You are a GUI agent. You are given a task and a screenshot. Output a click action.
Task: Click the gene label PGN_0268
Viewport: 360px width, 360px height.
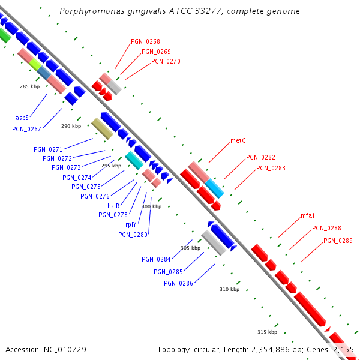[x=145, y=41]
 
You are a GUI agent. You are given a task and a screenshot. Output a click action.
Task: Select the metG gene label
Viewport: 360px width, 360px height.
[x=238, y=141]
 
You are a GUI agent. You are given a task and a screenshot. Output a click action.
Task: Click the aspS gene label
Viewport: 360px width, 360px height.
[x=22, y=118]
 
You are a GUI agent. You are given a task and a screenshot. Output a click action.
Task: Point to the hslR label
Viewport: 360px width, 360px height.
[x=113, y=206]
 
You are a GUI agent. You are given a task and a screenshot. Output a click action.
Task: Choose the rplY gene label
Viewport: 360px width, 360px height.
[x=131, y=224]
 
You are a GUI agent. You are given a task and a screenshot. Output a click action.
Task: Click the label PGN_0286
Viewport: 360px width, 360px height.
[x=178, y=283]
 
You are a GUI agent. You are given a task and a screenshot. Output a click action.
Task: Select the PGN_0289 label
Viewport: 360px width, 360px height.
[x=338, y=241]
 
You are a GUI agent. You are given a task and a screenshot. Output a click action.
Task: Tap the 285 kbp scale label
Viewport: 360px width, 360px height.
[x=29, y=86]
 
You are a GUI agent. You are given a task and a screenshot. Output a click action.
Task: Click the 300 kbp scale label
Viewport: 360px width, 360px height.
[x=151, y=206]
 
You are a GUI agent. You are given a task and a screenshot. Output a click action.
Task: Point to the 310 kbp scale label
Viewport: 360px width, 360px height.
[x=229, y=289]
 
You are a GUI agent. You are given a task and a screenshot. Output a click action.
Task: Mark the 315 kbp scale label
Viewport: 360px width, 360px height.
[x=267, y=332]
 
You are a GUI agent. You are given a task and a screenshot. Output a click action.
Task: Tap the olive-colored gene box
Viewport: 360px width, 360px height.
[x=103, y=128]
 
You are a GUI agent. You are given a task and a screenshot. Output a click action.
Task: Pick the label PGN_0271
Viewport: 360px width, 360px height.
[x=48, y=149]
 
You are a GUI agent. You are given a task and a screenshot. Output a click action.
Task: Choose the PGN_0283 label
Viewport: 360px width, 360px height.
[x=271, y=168]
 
